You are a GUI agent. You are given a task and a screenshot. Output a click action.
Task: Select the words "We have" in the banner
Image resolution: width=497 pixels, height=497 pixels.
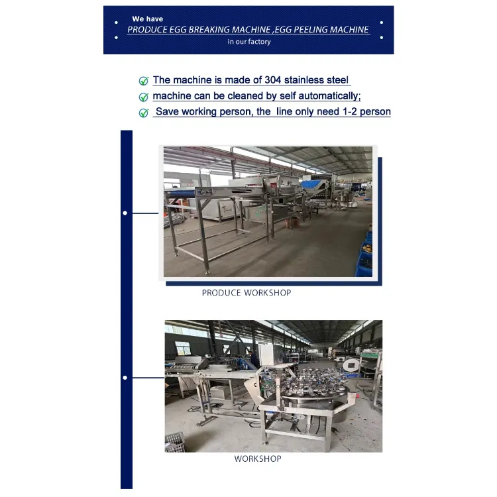(x=147, y=19)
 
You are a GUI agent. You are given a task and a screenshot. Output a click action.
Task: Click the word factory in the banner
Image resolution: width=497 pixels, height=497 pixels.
(x=259, y=42)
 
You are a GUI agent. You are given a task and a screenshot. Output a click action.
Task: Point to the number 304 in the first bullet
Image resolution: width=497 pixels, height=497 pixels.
(x=272, y=80)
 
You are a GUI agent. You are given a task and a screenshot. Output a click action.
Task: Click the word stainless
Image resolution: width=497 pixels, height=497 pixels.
(x=304, y=80)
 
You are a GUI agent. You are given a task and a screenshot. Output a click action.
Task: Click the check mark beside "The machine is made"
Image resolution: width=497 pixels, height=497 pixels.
(x=144, y=81)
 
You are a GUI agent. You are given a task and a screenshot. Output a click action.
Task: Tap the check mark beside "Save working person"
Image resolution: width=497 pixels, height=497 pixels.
(x=144, y=113)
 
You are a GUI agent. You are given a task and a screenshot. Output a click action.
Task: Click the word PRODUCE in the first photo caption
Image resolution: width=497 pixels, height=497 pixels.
(x=221, y=293)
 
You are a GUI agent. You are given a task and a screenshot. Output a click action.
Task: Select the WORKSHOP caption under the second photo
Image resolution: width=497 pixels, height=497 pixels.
(x=258, y=459)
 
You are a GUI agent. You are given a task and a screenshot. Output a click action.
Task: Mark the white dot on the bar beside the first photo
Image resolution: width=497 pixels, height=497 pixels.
(x=125, y=213)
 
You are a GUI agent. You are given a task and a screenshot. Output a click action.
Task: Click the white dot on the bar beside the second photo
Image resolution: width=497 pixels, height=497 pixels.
(x=125, y=378)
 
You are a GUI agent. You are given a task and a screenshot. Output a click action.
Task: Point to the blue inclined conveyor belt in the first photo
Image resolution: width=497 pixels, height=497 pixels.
(x=313, y=186)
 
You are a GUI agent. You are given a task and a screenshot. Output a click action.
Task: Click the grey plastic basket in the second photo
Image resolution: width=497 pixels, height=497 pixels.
(x=175, y=441)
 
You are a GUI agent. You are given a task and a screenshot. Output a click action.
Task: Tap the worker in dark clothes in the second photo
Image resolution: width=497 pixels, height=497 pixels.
(x=254, y=359)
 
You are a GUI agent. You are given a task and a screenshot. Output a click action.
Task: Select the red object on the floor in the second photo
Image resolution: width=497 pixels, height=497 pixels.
(x=358, y=396)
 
